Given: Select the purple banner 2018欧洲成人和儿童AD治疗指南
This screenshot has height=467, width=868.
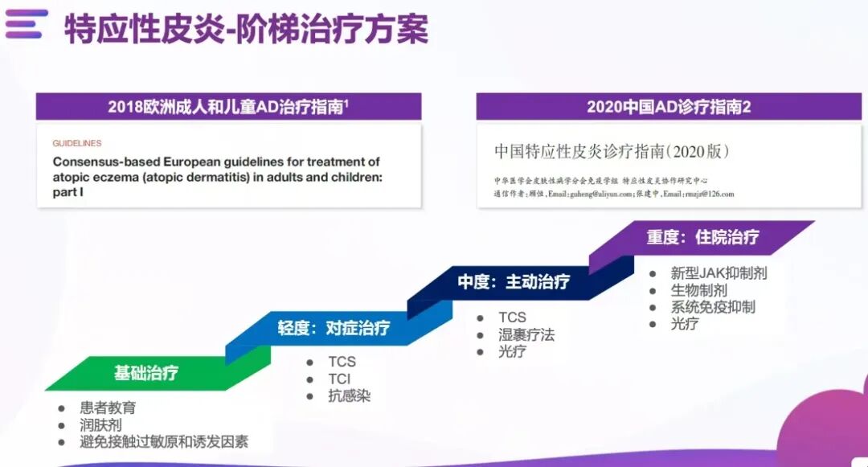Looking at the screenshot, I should click(x=228, y=107).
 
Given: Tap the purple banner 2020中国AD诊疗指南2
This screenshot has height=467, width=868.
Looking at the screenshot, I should click(x=669, y=107).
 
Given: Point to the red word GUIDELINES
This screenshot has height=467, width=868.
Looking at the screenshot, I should click(x=77, y=143).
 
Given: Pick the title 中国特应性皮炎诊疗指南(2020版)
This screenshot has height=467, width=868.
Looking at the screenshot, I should click(x=612, y=150).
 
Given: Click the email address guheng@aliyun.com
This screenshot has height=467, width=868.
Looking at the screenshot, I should click(x=589, y=194).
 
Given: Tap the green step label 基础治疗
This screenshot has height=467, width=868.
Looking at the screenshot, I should click(x=145, y=373).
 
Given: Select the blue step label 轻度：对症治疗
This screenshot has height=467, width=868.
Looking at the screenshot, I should click(x=334, y=328).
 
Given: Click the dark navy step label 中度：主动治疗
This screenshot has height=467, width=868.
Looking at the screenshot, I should click(x=514, y=282).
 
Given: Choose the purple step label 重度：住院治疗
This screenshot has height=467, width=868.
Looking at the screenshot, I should click(x=702, y=237).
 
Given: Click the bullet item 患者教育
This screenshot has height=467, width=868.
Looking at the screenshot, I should click(x=108, y=408).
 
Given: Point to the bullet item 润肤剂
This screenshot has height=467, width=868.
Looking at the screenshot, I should click(x=100, y=425).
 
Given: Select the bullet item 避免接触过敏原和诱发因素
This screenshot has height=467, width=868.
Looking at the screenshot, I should click(x=163, y=442).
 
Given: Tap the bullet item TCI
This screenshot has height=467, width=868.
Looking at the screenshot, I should click(x=339, y=379).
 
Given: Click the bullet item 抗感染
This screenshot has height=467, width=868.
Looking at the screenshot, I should click(x=349, y=395).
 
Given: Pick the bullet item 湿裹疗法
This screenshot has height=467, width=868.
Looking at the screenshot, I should click(x=526, y=334).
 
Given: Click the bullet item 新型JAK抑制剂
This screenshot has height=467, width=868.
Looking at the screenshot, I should click(x=719, y=273).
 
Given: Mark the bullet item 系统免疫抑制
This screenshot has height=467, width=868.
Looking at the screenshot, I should click(x=713, y=307).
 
